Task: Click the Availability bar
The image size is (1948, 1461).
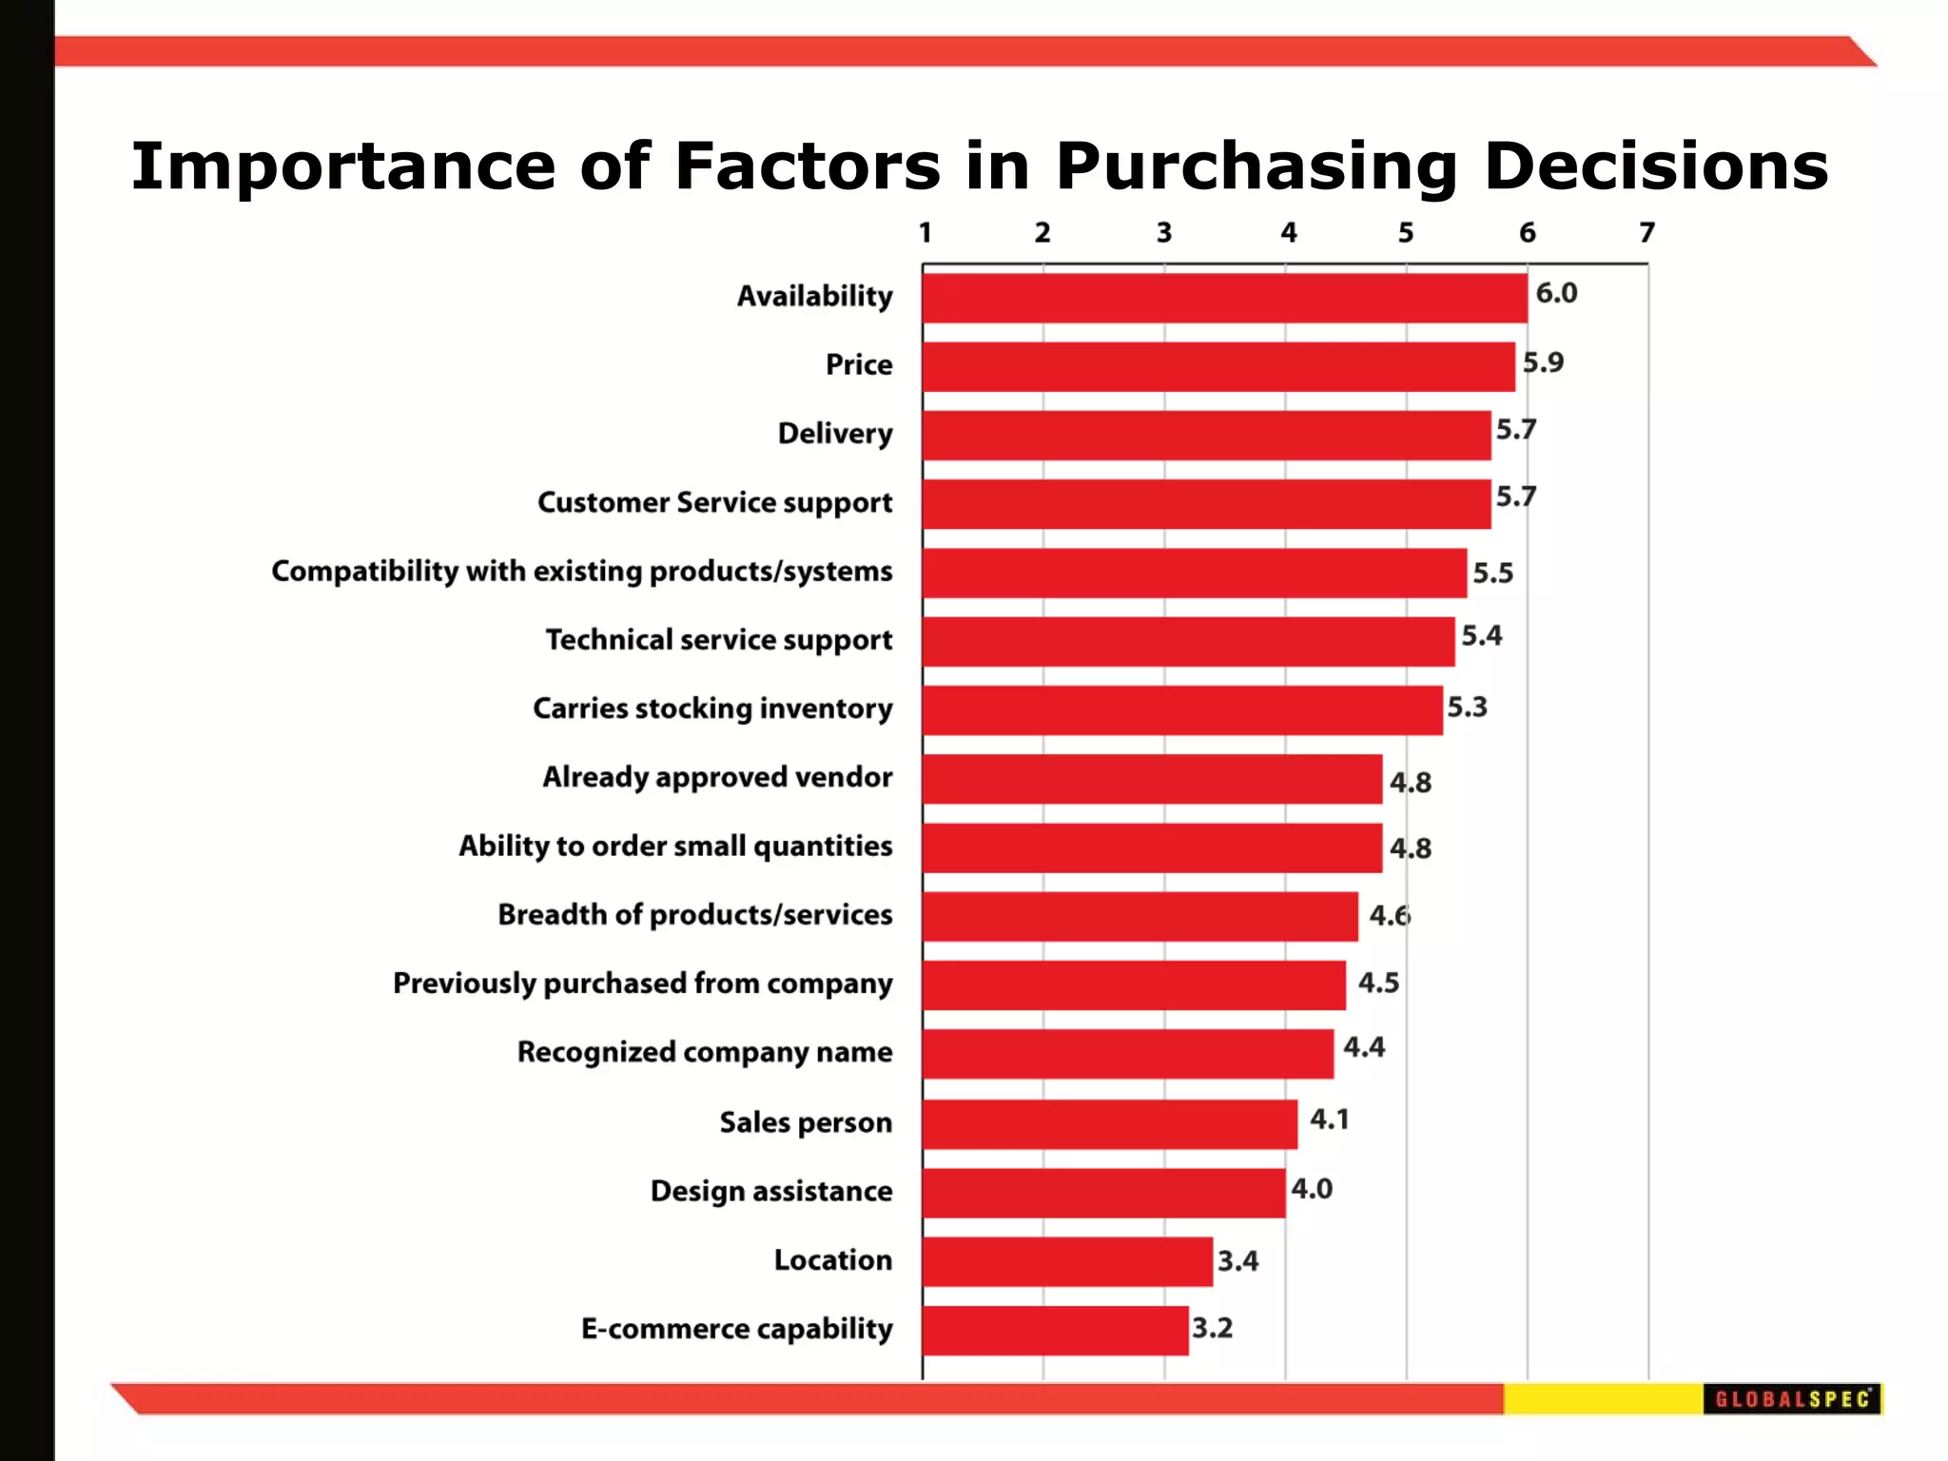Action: [1224, 299]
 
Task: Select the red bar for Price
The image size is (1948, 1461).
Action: [1217, 367]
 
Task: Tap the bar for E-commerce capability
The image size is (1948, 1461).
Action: [1055, 1331]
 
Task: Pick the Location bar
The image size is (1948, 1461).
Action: [1067, 1262]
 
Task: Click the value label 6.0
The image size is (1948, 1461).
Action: [1556, 293]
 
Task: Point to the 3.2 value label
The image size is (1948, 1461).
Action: [1212, 1328]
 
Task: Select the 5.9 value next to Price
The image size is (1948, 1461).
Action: [1543, 362]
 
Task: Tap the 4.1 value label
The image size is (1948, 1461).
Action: [1329, 1120]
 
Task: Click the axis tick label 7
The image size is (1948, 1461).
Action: [1646, 233]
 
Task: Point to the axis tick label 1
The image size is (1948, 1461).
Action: [925, 233]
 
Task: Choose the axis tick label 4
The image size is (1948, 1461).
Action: [1288, 233]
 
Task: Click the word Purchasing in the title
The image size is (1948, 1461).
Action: [1256, 166]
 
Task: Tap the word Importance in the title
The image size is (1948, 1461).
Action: [342, 166]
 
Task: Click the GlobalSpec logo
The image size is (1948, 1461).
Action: [1792, 1399]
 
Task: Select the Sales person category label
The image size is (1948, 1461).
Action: [806, 1122]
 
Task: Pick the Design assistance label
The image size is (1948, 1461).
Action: [771, 1191]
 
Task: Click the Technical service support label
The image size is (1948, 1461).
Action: [719, 640]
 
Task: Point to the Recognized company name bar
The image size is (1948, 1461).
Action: [1127, 1054]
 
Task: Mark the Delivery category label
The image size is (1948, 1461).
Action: [835, 434]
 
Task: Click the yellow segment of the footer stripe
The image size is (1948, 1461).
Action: [1603, 1399]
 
